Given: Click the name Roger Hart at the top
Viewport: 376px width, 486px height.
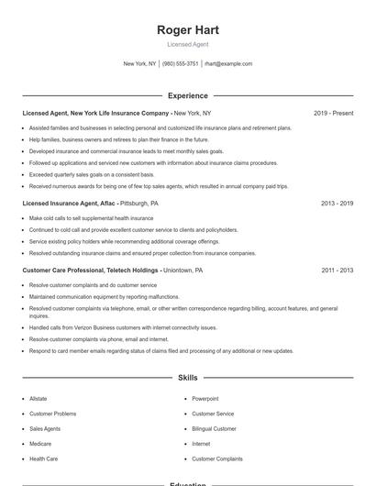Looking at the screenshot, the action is [188, 30].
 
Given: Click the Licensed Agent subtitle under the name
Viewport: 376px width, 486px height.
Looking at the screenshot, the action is [188, 44].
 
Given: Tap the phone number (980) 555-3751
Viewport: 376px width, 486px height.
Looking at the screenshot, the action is [181, 64].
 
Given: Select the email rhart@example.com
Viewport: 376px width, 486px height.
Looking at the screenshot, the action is [228, 64].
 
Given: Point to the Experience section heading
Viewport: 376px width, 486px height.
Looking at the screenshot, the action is [188, 95].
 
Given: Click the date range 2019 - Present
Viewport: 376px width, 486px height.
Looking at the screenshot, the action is [333, 113].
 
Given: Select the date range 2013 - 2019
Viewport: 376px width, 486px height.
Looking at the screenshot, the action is [337, 203].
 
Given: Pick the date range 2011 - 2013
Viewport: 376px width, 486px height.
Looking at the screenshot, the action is [337, 271].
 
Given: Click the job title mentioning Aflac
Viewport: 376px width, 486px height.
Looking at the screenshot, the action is [90, 203].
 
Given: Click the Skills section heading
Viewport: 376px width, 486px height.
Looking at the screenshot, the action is [188, 378].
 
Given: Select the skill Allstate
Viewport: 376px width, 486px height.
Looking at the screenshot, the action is [39, 399].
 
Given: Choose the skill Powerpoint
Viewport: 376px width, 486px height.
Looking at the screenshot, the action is [205, 399].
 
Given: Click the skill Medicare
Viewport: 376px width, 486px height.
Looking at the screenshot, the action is [41, 444].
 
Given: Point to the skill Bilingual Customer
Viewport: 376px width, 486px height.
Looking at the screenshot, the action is [214, 428].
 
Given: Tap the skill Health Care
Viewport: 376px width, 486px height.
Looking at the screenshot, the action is [43, 458].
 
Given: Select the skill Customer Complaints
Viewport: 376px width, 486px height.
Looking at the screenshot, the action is [217, 458].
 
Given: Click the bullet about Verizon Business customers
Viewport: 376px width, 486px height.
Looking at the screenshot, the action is [123, 327].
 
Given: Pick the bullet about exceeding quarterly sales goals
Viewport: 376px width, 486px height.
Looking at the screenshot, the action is [92, 174].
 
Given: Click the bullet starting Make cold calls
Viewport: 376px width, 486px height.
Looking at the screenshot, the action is [91, 218].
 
